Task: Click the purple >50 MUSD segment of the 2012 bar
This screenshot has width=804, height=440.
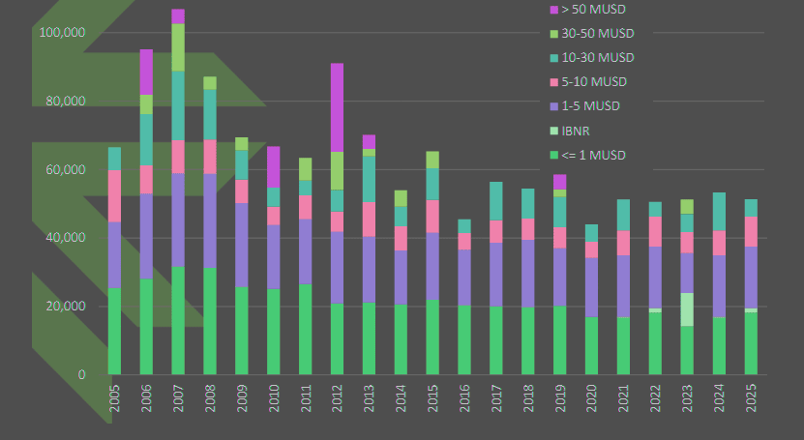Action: (x=337, y=107)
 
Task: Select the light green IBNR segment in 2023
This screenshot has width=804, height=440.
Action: (x=686, y=308)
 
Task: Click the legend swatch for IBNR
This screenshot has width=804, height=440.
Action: (x=553, y=131)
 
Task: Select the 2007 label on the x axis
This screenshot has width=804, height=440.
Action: (x=178, y=396)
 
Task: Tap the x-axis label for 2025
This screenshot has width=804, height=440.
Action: (x=750, y=396)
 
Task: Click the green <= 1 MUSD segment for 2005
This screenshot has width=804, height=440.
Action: (x=115, y=330)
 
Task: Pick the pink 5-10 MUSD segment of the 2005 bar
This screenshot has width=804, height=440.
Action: (x=115, y=195)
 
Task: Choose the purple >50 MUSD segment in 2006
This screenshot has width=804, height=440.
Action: (x=146, y=72)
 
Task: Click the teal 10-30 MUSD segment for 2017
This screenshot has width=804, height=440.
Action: (x=495, y=201)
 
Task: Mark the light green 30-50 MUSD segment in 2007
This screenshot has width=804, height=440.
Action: (x=178, y=46)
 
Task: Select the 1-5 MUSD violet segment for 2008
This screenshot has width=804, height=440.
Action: (x=210, y=220)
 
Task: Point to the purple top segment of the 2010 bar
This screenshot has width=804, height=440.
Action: (x=274, y=166)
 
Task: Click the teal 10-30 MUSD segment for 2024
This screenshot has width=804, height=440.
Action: (x=718, y=211)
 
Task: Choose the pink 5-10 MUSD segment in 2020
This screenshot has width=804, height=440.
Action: (x=591, y=249)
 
